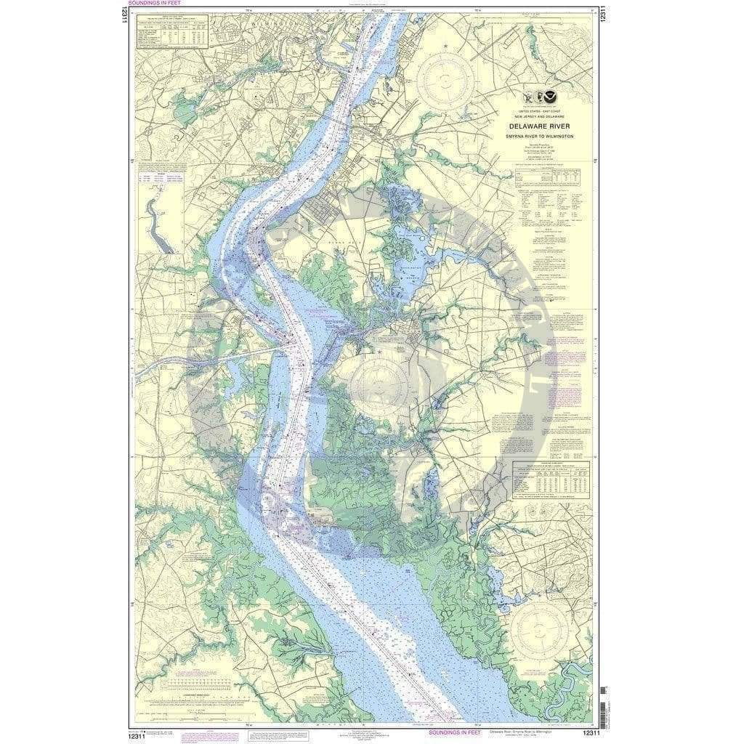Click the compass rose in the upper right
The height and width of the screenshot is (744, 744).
[x=462, y=74]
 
